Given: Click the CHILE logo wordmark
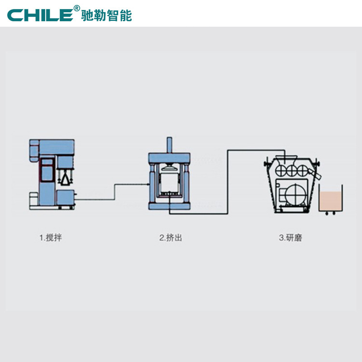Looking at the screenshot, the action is (40, 15).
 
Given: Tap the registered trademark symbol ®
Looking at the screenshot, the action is (76, 8).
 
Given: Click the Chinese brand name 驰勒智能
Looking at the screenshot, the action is (106, 15).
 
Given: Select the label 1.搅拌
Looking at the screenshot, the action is (51, 238).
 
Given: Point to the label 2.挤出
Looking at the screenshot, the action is (171, 238).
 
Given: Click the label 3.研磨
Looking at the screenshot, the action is (291, 238).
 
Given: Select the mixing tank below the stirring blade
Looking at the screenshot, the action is (66, 197).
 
